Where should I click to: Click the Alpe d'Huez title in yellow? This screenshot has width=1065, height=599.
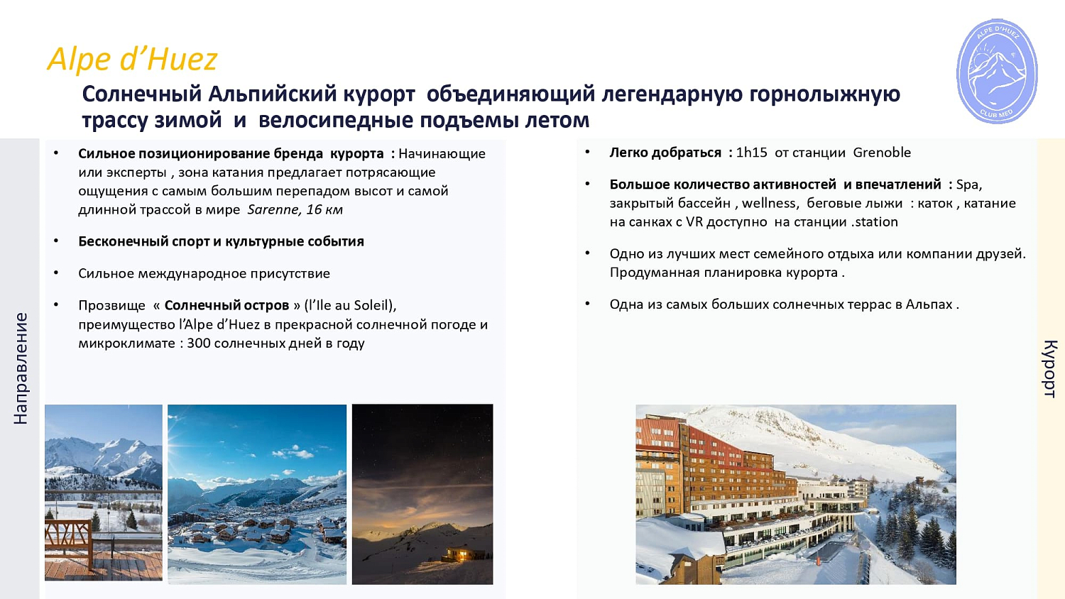(x=132, y=59)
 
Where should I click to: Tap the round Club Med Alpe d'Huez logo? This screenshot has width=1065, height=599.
(x=997, y=71)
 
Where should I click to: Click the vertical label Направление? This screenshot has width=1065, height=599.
(x=21, y=368)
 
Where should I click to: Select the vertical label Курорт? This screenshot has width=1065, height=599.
(x=1049, y=368)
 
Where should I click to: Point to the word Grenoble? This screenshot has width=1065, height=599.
(x=881, y=153)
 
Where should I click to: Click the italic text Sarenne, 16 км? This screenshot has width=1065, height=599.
(x=295, y=209)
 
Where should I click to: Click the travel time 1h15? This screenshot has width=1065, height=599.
(x=751, y=153)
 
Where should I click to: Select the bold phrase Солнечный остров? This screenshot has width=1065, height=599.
(x=226, y=305)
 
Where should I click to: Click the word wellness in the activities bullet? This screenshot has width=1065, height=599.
(x=769, y=203)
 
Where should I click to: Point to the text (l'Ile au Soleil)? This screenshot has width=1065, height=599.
(x=349, y=305)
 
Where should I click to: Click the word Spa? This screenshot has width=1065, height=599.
(x=967, y=185)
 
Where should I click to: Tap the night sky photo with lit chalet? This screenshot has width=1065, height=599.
(x=422, y=483)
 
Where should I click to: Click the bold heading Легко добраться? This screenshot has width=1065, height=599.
(x=665, y=153)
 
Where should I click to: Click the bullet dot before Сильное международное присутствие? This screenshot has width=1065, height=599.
(x=56, y=273)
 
